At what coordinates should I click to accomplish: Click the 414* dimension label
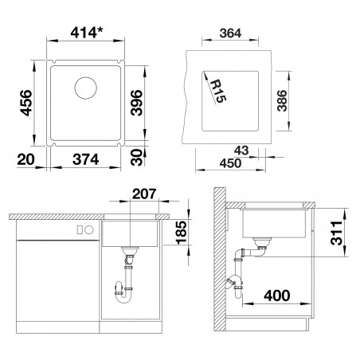pos(87,33)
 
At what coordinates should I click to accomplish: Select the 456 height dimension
pos(26,103)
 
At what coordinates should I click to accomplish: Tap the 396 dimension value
pos(137,103)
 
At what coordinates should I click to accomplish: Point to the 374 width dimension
pos(85,159)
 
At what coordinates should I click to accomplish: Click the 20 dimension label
pos(25,159)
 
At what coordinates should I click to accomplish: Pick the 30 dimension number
pos(137,157)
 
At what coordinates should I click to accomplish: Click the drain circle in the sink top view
pos(85,88)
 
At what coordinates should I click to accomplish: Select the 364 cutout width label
pos(230,33)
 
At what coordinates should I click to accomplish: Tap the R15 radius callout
pos(218,91)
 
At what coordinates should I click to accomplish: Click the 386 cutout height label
pos(282,100)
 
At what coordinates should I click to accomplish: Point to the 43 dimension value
pos(241,151)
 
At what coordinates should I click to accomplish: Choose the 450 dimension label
pos(230,163)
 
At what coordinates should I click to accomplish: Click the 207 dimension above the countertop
pos(144,194)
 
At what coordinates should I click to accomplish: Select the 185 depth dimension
pos(182,233)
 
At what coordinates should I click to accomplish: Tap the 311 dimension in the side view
pos(337,233)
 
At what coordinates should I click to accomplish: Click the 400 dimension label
pos(277,295)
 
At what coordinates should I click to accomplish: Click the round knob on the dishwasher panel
pos(89,230)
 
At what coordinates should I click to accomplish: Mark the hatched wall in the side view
pos(220,259)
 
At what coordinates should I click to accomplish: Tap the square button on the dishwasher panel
pos(80,230)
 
